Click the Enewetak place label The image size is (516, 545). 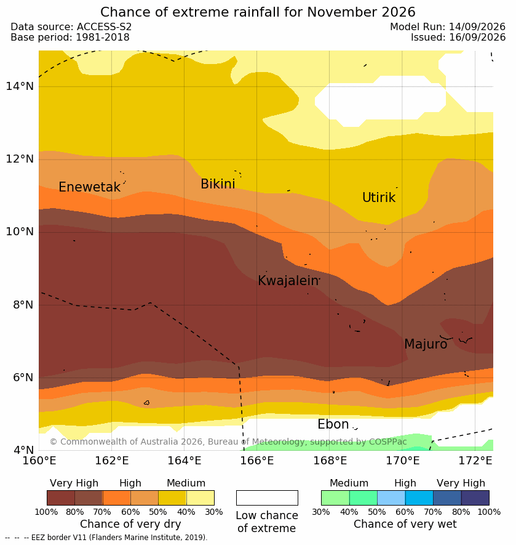(89, 187)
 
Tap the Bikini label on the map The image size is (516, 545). (218, 184)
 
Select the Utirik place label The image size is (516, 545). (379, 198)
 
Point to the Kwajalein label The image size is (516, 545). (288, 280)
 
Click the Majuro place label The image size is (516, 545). (426, 344)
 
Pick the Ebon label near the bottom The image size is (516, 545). (333, 424)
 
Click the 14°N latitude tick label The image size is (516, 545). (20, 86)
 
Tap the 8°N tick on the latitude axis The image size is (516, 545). (23, 305)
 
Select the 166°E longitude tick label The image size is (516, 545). (257, 461)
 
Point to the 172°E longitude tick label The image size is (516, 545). (475, 461)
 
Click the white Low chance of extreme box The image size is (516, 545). (267, 498)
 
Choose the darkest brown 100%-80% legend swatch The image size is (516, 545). (61, 498)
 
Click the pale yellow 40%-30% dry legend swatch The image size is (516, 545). (200, 498)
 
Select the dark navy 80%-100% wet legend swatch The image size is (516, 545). (475, 498)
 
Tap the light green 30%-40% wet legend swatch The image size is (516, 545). (335, 498)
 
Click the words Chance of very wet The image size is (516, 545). (405, 524)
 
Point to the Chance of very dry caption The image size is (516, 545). (130, 524)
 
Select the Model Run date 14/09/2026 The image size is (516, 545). (477, 26)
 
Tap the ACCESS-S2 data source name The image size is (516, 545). (104, 26)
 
